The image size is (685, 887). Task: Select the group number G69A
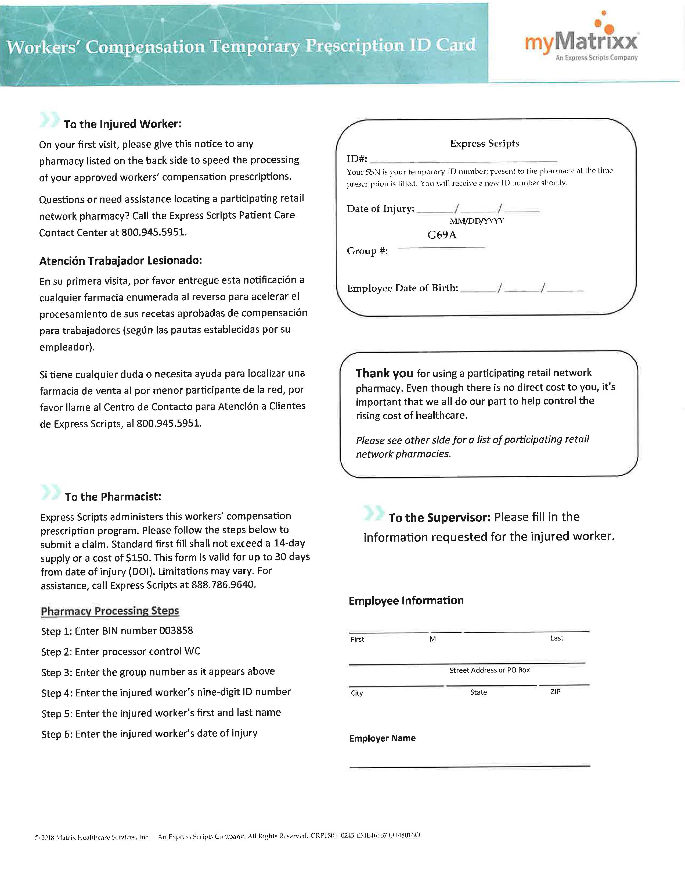(x=442, y=235)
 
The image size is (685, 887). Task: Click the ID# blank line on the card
(x=463, y=160)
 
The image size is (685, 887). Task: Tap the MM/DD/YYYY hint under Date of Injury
(x=477, y=221)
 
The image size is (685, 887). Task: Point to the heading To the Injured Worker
(x=122, y=124)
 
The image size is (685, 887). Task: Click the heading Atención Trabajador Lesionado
(x=121, y=261)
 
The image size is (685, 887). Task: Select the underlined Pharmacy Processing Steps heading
(x=110, y=611)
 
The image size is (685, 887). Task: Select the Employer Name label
(x=382, y=738)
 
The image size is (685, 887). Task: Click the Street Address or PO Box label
(x=489, y=670)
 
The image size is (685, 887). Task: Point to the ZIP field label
(x=555, y=692)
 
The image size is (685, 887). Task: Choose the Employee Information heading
(x=406, y=601)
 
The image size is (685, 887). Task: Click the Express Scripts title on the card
(x=485, y=143)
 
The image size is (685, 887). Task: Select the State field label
(x=478, y=692)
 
